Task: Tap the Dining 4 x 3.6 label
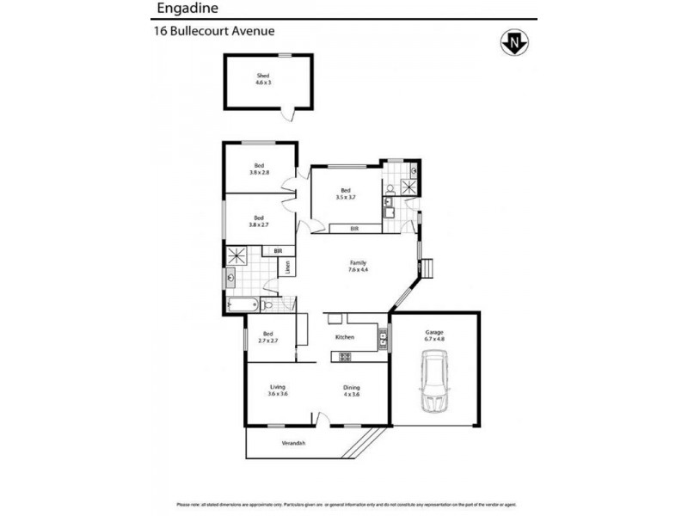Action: tap(351, 390)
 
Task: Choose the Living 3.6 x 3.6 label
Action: tap(277, 390)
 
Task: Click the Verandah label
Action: tap(294, 443)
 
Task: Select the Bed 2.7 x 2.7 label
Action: tap(267, 337)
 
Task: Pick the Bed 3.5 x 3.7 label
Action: tap(346, 193)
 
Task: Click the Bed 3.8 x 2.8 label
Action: tap(259, 169)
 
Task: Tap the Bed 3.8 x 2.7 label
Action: tap(259, 221)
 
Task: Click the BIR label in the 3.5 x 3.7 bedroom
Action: tap(354, 229)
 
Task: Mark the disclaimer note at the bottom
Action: tap(344, 505)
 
